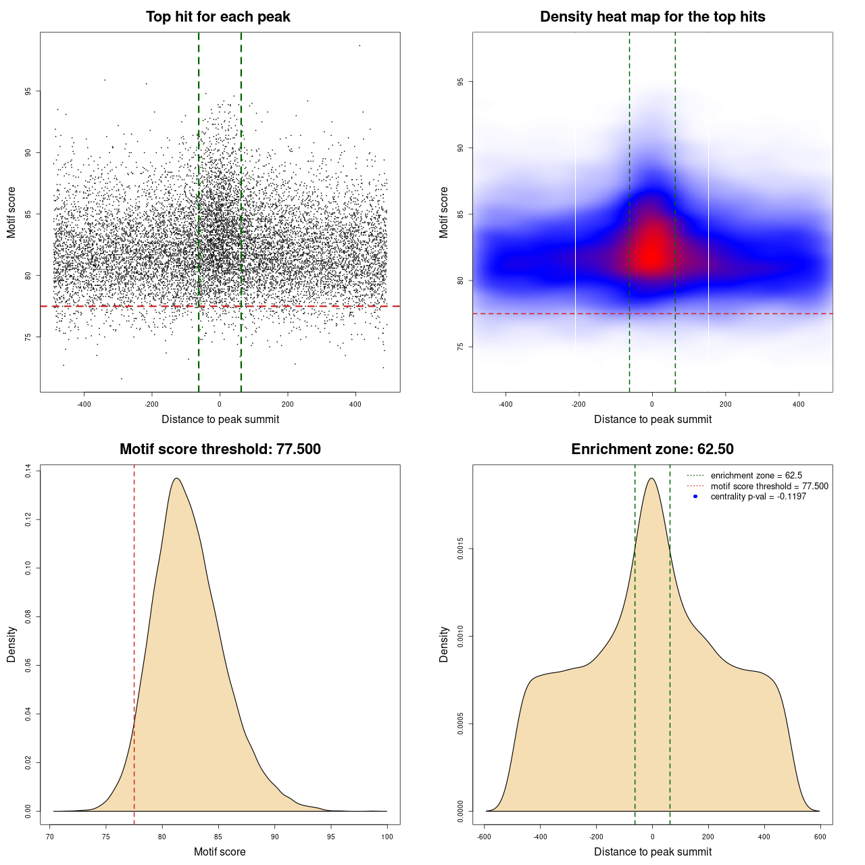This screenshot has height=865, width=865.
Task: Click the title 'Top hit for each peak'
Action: pyautogui.click(x=218, y=17)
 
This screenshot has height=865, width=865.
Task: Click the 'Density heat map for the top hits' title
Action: pyautogui.click(x=652, y=17)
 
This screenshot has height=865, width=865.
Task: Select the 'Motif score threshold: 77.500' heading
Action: pyautogui.click(x=220, y=449)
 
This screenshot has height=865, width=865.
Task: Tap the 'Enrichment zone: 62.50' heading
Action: pyautogui.click(x=652, y=449)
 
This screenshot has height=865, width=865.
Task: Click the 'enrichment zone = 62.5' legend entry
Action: pyautogui.click(x=756, y=476)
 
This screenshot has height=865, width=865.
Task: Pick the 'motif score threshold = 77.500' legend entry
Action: pyautogui.click(x=769, y=487)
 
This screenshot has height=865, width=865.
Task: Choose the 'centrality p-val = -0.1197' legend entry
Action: pyautogui.click(x=758, y=497)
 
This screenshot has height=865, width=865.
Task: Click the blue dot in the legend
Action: pyautogui.click(x=695, y=497)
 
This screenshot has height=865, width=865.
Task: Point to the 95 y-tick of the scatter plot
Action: pyautogui.click(x=28, y=91)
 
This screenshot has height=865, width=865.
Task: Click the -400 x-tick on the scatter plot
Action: pyautogui.click(x=84, y=404)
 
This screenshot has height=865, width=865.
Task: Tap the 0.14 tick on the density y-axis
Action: pyautogui.click(x=28, y=470)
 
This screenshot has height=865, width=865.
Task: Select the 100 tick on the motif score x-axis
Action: pyautogui.click(x=387, y=837)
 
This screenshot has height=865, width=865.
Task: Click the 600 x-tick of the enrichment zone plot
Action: pyautogui.click(x=820, y=837)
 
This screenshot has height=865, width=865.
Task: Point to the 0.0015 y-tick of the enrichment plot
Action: pyautogui.click(x=461, y=549)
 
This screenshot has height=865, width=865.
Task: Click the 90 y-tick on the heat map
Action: pyautogui.click(x=461, y=148)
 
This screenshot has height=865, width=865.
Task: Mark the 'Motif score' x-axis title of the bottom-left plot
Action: pyautogui.click(x=220, y=851)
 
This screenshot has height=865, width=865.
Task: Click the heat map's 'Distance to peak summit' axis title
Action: pyautogui.click(x=652, y=419)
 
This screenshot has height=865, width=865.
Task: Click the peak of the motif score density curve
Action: pyautogui.click(x=177, y=478)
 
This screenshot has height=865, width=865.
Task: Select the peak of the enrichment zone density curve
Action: pyautogui.click(x=651, y=478)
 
